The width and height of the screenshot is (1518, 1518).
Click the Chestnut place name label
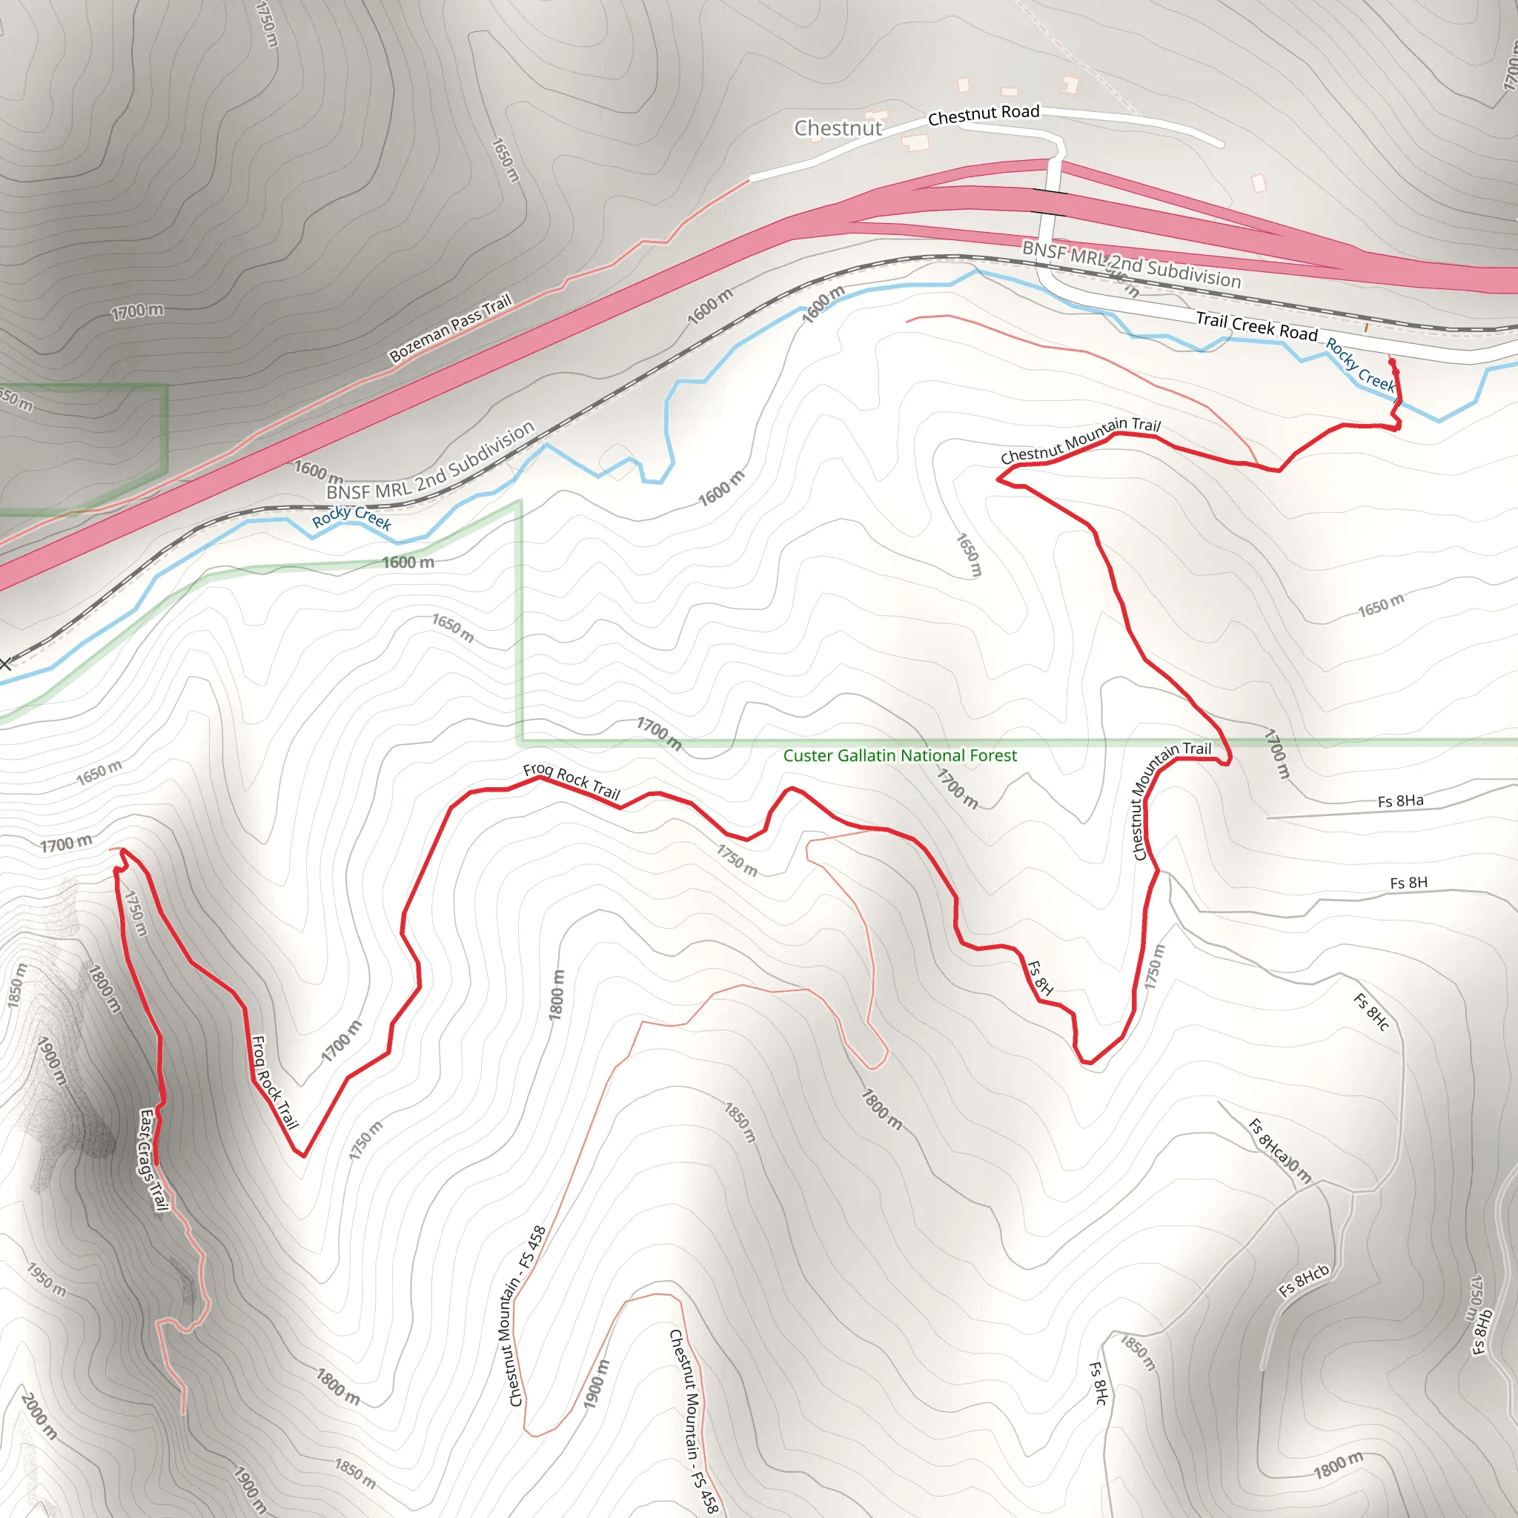pyautogui.click(x=838, y=128)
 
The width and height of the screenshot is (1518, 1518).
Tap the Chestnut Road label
pyautogui.click(x=983, y=115)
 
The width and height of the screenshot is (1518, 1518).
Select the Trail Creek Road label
pyautogui.click(x=1256, y=326)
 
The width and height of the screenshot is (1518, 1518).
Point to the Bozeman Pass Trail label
pyautogui.click(x=450, y=328)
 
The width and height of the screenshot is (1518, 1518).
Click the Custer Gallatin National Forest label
pyautogui.click(x=900, y=756)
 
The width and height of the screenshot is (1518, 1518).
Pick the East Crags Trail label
pyautogui.click(x=153, y=1160)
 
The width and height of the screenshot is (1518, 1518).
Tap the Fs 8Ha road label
pyautogui.click(x=1400, y=801)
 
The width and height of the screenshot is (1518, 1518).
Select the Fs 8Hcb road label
pyautogui.click(x=1304, y=1282)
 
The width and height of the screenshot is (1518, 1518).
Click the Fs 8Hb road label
pyautogui.click(x=1480, y=1333)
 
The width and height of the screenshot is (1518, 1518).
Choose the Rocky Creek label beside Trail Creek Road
pyautogui.click(x=1361, y=365)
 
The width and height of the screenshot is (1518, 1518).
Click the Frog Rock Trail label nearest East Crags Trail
pyautogui.click(x=274, y=1083)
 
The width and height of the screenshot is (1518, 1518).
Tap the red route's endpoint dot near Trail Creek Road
pyautogui.click(x=1391, y=362)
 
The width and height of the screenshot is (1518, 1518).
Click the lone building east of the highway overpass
pyautogui.click(x=1259, y=183)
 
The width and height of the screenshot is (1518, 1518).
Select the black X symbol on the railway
pyautogui.click(x=4, y=665)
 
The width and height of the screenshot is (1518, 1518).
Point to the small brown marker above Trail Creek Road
pyautogui.click(x=1366, y=327)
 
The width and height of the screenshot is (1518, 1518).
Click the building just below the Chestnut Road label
pyautogui.click(x=915, y=142)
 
